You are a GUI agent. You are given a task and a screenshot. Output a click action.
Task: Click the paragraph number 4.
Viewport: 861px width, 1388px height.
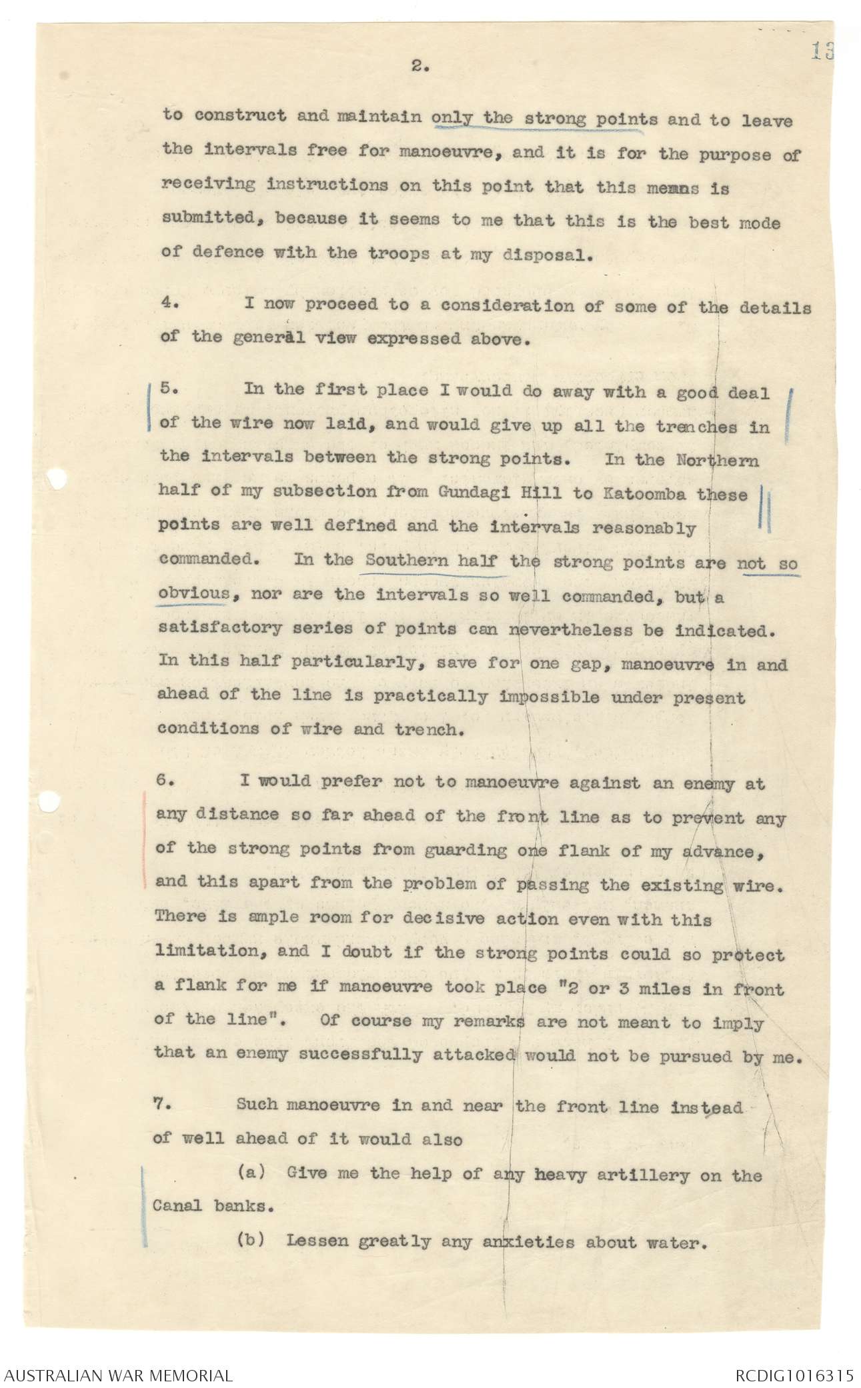(x=169, y=303)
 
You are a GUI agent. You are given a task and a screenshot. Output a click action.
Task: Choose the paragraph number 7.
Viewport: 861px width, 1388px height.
(x=163, y=1104)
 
